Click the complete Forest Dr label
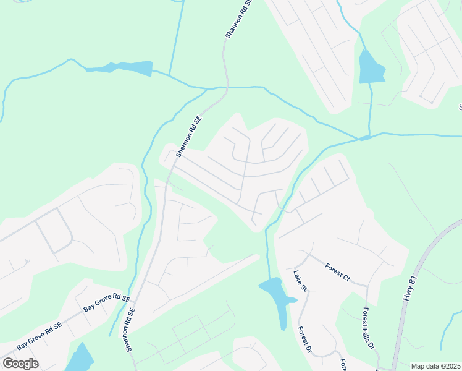pos(304,341)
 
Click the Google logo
pos(20,363)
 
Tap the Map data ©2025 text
pos(436,366)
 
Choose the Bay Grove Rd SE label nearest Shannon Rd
pos(107,303)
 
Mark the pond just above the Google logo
pos(80,358)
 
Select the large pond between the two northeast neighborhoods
pos(371,67)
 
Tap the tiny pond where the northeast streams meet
pos(365,137)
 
